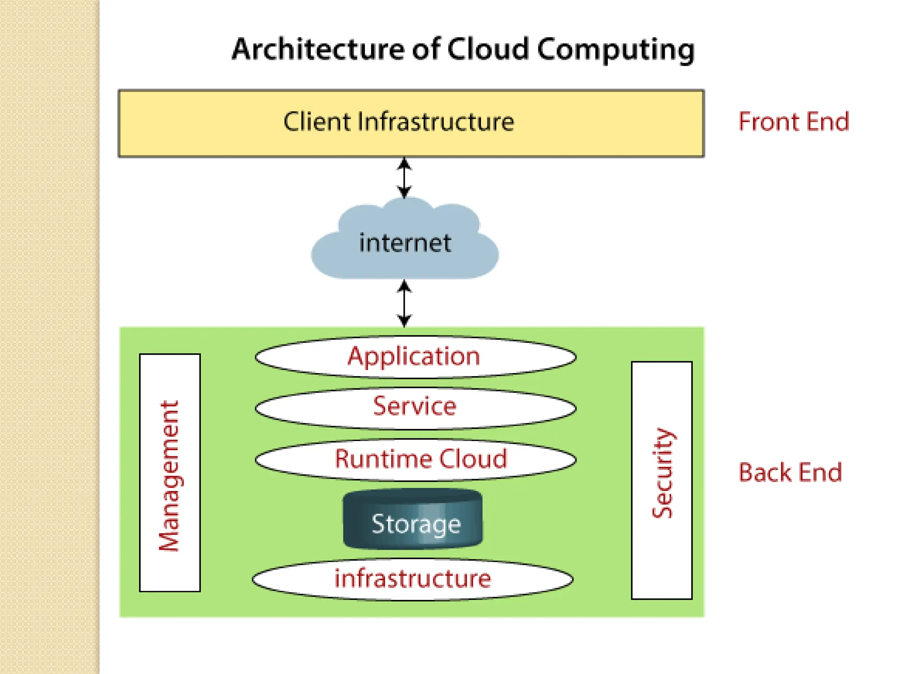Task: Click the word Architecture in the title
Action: (x=318, y=49)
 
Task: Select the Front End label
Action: (x=794, y=122)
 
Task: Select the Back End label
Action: (x=790, y=473)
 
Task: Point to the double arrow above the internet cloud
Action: (x=404, y=178)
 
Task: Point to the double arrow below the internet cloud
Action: (x=404, y=303)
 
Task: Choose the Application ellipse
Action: (x=415, y=357)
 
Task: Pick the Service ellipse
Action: (x=415, y=408)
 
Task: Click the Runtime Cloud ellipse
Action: (x=415, y=459)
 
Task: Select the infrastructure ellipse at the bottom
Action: (x=413, y=579)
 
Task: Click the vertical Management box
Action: (x=170, y=473)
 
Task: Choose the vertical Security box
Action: (x=662, y=480)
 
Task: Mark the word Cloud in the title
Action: (x=488, y=49)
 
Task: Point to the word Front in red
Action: (x=769, y=122)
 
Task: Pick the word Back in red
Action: (x=765, y=473)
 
